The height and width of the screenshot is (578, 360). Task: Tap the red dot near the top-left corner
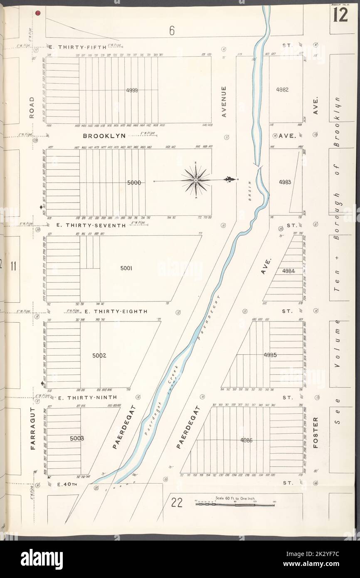point(38,13)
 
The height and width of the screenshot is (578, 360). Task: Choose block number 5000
point(135,183)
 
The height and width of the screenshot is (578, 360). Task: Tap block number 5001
point(126,268)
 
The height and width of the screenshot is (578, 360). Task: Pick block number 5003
point(77,438)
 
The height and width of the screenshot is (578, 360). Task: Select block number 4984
point(288,271)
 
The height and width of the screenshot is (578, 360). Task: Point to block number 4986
point(246,440)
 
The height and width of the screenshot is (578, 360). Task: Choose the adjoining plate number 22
point(177,503)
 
